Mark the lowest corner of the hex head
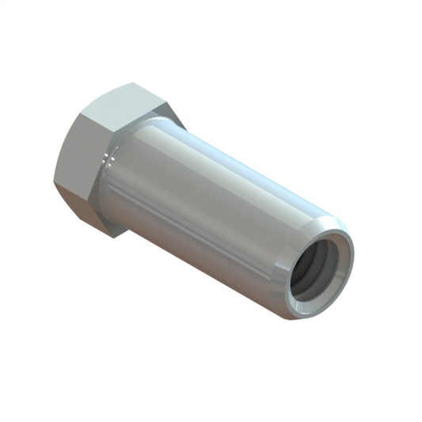(116, 237)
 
